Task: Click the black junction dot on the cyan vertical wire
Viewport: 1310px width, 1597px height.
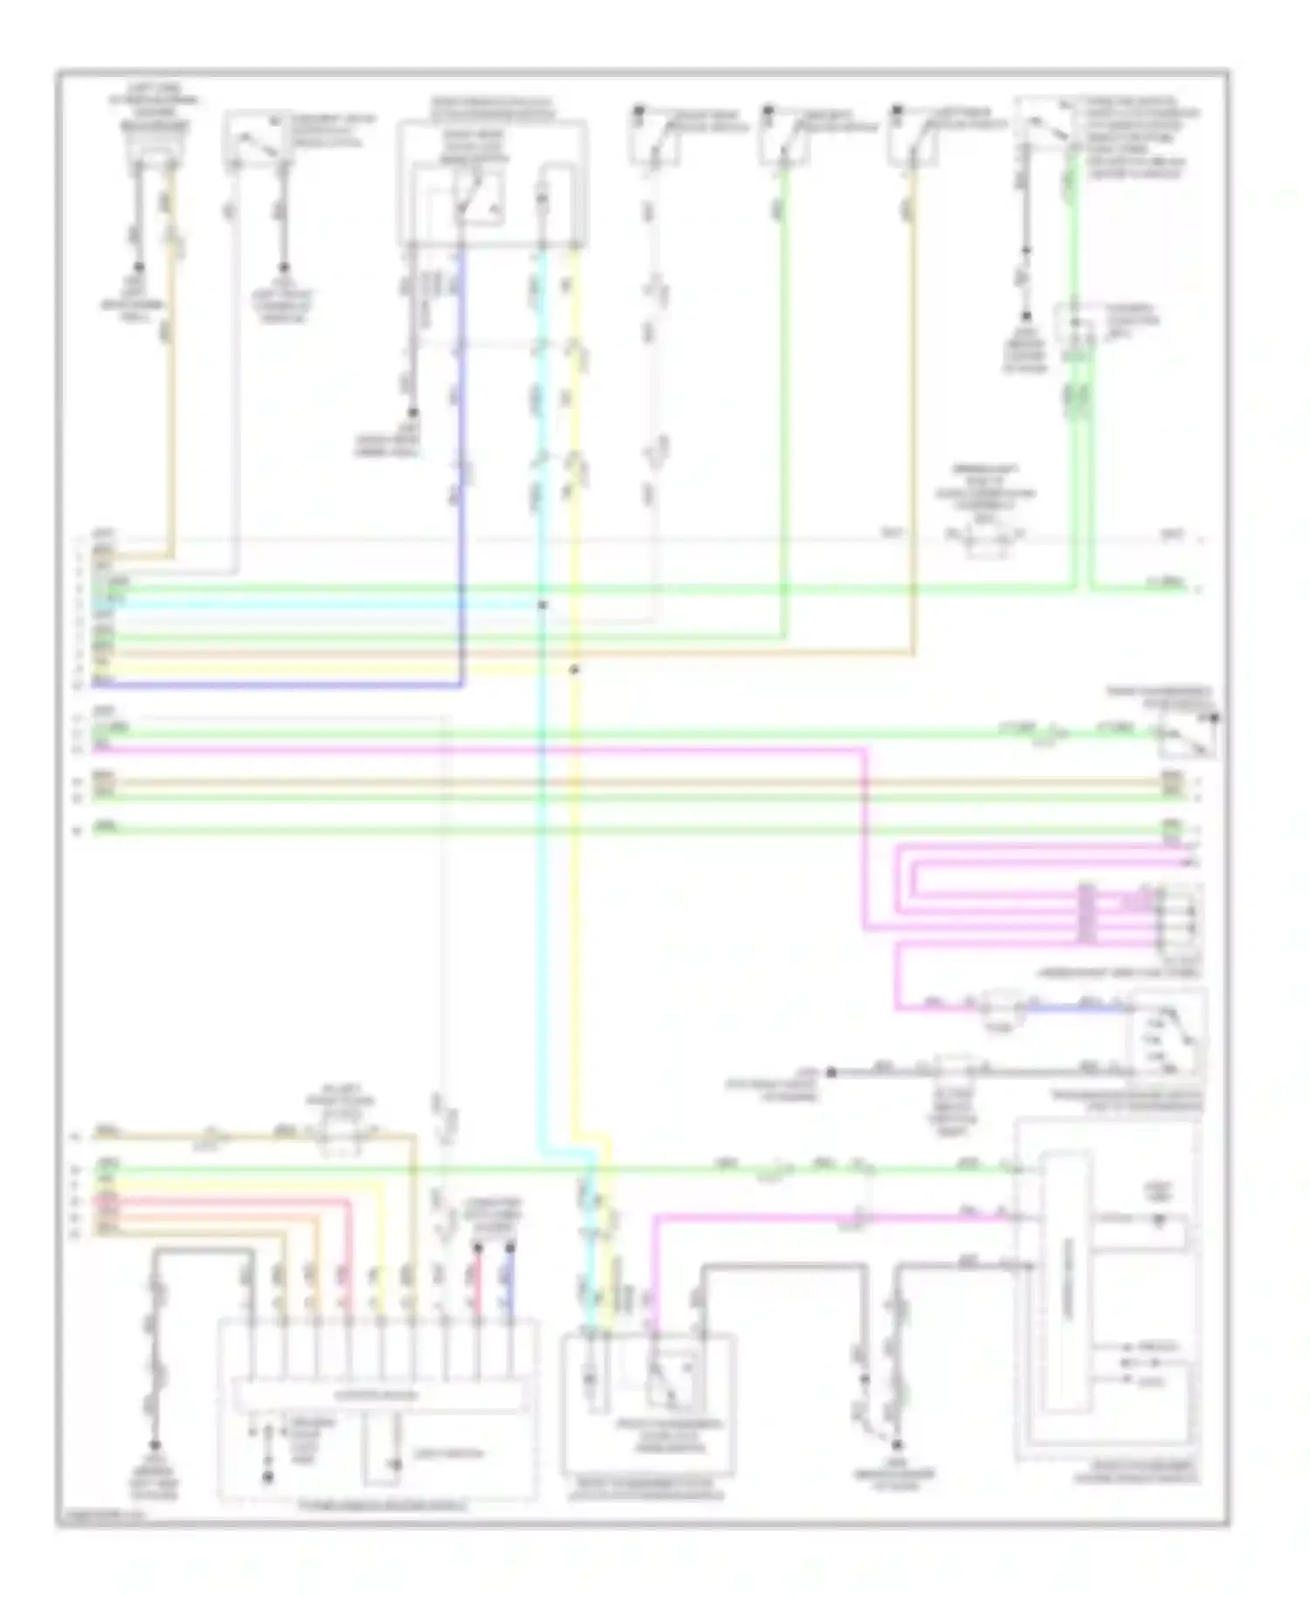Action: pos(542,605)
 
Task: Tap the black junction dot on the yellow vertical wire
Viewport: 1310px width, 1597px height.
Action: pos(574,670)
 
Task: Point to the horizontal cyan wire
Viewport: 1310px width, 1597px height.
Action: pos(323,604)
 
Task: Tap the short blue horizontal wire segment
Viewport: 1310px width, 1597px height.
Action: pos(1083,1008)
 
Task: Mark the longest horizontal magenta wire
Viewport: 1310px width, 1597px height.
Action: pos(480,749)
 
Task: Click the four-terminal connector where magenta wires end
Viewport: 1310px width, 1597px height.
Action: pos(1180,918)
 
